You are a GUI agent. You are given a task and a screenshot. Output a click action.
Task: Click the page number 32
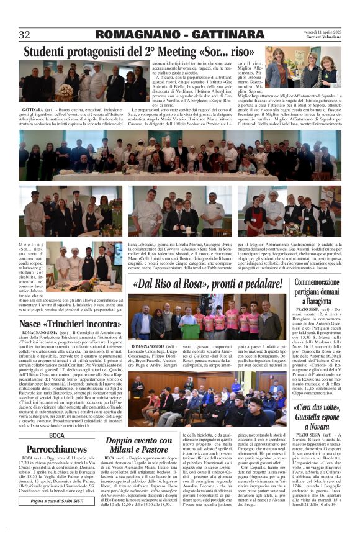tap(25, 35)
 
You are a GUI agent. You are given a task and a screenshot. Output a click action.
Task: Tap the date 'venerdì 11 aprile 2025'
tap(322, 30)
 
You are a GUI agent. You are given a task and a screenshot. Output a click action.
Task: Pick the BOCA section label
tap(56, 435)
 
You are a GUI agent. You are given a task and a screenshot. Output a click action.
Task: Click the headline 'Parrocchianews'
tap(57, 448)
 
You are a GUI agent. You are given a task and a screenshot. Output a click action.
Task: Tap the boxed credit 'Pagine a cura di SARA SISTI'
tap(57, 500)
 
